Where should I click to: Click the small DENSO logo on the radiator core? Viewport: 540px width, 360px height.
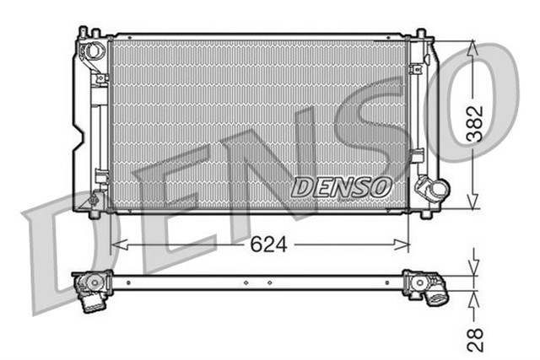pyautogui.click(x=341, y=186)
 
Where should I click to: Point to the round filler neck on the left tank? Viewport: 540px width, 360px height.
pyautogui.click(x=89, y=51)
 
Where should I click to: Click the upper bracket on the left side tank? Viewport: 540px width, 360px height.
pyautogui.click(x=101, y=78)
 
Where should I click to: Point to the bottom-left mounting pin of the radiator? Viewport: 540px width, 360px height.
pyautogui.click(x=94, y=214)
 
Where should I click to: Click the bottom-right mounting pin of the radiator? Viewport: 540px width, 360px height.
pyautogui.click(x=419, y=214)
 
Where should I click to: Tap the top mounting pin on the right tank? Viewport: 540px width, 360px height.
pyautogui.click(x=419, y=33)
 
